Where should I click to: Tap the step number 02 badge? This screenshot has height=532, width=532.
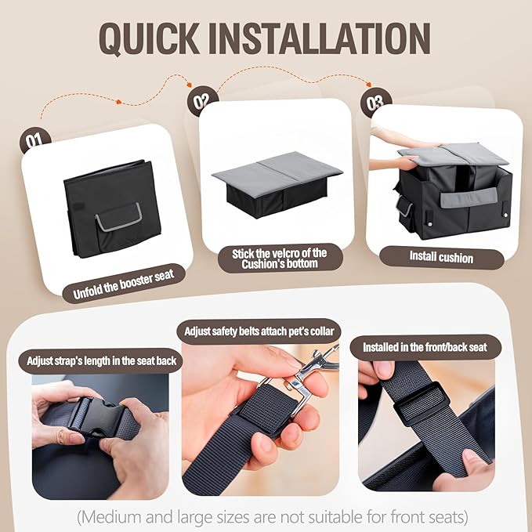(x=202, y=100)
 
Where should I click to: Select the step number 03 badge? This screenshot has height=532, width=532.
(x=375, y=102)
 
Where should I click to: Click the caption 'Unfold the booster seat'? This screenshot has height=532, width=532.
(x=124, y=284)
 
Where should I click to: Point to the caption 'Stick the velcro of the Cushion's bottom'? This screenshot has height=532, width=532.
(x=280, y=259)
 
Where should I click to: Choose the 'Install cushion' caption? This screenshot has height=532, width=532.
(x=441, y=257)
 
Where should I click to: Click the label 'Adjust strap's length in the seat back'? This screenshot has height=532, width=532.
(x=101, y=360)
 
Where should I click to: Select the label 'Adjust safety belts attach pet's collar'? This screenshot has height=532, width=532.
(x=259, y=331)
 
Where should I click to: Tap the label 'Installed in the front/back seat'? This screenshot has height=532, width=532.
(x=425, y=347)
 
